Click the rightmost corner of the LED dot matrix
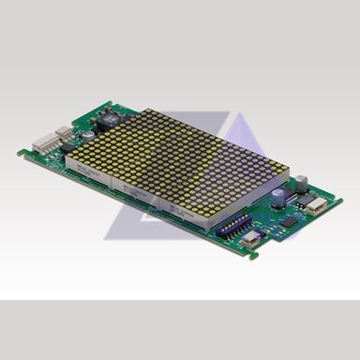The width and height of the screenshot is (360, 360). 274,172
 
